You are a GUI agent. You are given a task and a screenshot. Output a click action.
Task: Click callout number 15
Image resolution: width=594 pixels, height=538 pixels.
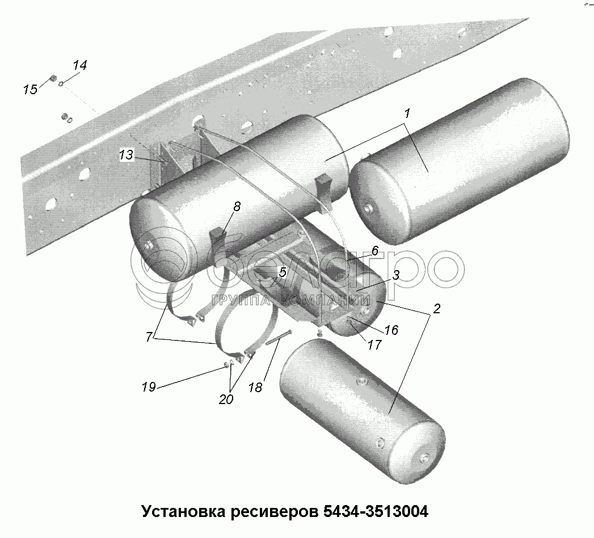[30, 89]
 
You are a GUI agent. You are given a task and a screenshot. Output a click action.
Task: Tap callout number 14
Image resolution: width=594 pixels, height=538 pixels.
[79, 65]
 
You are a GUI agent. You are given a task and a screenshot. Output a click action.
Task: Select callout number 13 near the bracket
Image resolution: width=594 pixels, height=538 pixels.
[126, 155]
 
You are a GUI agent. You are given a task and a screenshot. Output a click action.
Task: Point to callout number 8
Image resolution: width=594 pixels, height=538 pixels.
[237, 207]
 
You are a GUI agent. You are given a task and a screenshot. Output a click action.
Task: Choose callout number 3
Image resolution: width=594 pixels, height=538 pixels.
[396, 275]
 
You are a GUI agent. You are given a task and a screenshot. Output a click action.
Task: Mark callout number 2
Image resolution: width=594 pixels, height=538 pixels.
[436, 310]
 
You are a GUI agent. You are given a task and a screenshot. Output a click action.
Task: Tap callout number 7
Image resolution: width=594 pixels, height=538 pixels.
[149, 337]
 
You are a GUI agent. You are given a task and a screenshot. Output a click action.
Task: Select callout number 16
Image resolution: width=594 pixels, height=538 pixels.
[391, 330]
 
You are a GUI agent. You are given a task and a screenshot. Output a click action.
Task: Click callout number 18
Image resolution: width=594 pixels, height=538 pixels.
[255, 388]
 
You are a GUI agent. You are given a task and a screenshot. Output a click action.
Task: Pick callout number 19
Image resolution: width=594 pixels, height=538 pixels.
[149, 388]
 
